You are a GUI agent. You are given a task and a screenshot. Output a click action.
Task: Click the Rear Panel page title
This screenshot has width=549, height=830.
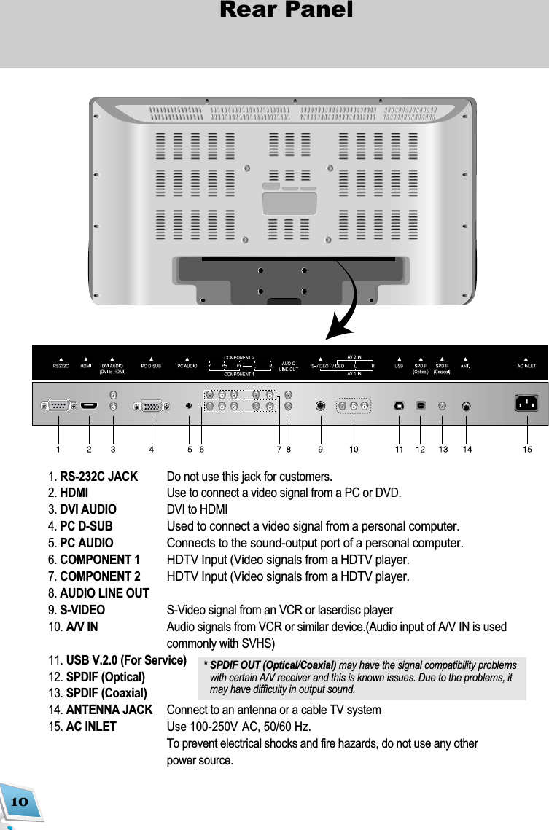point(286,10)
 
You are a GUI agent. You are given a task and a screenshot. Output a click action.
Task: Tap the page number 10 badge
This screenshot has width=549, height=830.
point(19,802)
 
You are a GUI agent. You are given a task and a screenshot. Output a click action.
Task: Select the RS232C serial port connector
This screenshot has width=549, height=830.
point(58,405)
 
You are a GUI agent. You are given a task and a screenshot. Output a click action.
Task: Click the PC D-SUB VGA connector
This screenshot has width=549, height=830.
point(151,405)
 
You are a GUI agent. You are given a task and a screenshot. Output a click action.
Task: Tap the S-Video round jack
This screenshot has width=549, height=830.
point(320,405)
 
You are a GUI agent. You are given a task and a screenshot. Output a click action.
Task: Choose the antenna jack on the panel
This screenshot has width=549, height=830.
point(467,406)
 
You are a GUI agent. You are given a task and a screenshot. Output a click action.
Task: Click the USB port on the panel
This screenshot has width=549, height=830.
point(398,405)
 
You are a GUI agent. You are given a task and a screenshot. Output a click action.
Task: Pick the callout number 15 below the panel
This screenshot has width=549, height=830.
point(526,450)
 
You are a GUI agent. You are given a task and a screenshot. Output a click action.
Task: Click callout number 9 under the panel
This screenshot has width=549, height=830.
point(321,450)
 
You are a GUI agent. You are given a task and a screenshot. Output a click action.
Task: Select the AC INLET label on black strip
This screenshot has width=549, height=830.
point(526,366)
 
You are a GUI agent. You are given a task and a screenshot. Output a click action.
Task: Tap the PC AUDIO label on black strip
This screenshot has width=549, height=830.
point(188,366)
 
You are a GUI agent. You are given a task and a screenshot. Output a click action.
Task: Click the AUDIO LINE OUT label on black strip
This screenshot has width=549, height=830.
point(289,366)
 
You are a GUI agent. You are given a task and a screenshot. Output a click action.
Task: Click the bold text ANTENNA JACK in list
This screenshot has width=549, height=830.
point(109,710)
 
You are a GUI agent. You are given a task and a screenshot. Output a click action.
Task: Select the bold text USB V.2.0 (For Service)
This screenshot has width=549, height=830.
point(125,661)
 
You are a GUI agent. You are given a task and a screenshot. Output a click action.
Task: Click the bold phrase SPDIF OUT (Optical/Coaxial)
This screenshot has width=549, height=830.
point(273,665)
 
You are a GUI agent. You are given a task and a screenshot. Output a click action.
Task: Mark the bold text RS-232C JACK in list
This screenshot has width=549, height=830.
point(98,477)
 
